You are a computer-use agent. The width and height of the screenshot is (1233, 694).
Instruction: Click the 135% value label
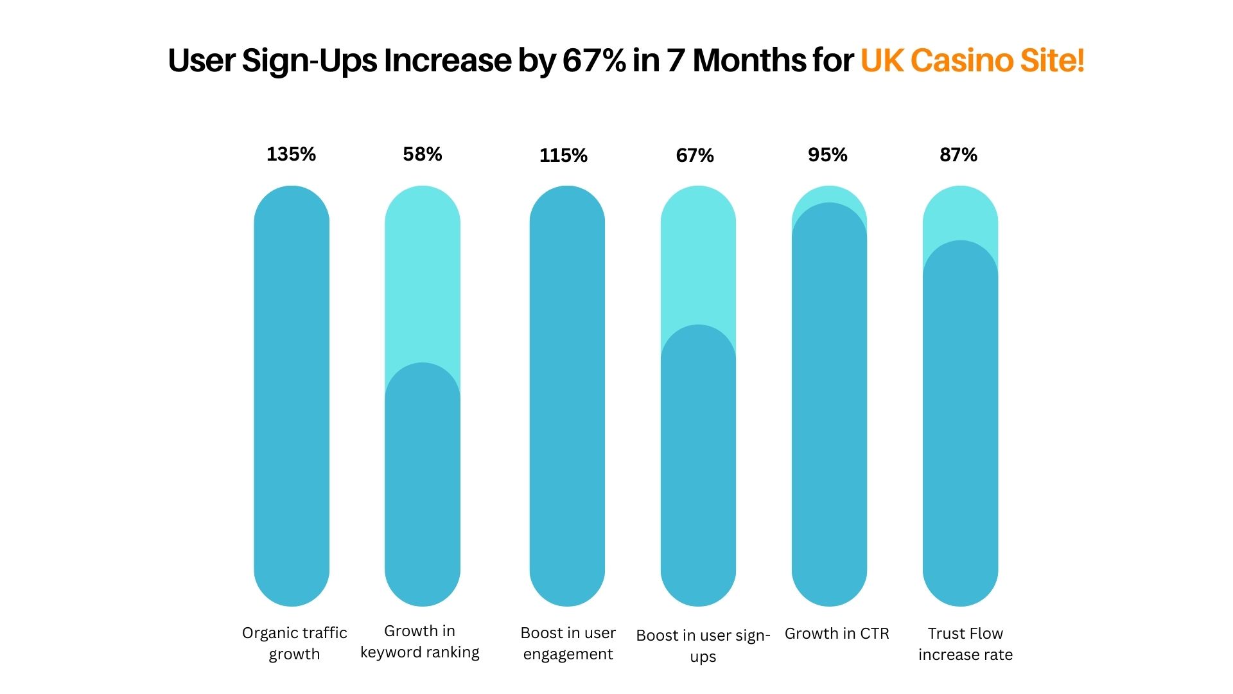click(291, 154)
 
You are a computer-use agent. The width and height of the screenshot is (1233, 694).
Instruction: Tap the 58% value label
click(422, 154)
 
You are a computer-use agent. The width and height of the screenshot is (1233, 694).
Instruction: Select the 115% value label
click(563, 156)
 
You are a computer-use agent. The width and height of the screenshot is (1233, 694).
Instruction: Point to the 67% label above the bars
click(695, 156)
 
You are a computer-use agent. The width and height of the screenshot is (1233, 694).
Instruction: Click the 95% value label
click(827, 155)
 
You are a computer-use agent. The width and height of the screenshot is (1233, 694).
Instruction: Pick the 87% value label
click(958, 155)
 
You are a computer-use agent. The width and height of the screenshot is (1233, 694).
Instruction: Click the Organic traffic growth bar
click(292, 396)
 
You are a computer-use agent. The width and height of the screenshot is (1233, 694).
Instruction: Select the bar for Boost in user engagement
click(567, 396)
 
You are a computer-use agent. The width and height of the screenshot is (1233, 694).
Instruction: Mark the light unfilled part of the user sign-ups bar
click(698, 257)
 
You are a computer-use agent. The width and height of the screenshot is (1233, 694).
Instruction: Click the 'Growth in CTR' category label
click(837, 634)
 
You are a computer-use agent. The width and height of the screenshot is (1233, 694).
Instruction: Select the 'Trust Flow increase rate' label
click(965, 644)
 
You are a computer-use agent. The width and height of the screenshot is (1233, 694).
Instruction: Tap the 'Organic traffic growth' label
click(294, 643)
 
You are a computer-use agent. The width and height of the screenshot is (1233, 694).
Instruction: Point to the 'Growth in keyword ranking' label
click(420, 641)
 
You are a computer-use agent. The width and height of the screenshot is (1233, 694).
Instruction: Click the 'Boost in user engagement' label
click(568, 643)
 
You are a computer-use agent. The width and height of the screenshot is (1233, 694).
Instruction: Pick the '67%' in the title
click(594, 60)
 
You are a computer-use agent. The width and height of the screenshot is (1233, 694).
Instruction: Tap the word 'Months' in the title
click(749, 60)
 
